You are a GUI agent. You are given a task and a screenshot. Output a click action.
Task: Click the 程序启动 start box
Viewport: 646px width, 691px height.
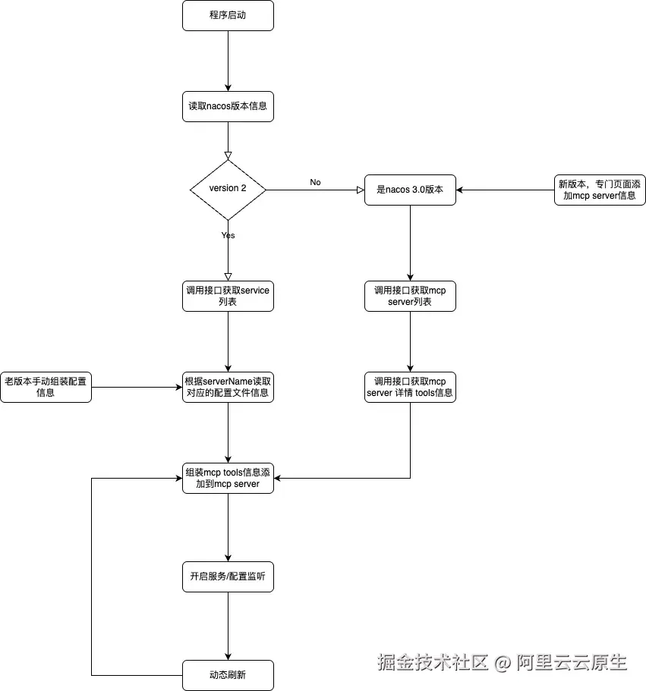[228, 15]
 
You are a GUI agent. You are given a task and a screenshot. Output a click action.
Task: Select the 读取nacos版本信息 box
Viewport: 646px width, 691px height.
[228, 106]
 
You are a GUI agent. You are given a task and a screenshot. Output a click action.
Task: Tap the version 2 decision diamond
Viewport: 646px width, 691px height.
[228, 189]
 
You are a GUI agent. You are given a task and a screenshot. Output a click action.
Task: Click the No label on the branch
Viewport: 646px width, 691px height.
[315, 182]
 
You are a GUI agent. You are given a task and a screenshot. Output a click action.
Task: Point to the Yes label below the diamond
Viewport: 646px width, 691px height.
[228, 235]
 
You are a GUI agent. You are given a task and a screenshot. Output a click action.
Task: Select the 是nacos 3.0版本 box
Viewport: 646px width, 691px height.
[410, 190]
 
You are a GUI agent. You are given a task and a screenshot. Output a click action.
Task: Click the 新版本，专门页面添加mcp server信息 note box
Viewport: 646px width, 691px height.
[600, 190]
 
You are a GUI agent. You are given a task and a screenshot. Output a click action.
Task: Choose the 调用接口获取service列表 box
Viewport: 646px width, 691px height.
[228, 296]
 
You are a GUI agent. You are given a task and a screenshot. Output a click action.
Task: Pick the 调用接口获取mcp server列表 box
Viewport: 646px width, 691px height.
[410, 296]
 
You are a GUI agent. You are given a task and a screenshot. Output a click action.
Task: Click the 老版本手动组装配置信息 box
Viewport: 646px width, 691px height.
[46, 387]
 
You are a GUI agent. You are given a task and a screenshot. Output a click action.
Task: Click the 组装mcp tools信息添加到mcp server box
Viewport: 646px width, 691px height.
[228, 478]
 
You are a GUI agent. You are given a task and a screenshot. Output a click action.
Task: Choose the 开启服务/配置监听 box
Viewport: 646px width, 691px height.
[228, 576]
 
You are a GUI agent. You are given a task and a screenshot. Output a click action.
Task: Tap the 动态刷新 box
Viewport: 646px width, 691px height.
[228, 674]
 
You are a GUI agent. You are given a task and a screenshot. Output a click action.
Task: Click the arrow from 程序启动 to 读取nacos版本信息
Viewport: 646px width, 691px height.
[228, 61]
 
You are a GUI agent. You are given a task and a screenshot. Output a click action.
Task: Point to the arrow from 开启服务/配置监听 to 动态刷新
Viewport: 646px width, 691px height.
[228, 626]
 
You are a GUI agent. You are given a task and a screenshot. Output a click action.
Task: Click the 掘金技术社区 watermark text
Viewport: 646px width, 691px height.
[433, 662]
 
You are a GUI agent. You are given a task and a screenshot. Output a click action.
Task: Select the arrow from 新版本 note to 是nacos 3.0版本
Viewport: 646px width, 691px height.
[505, 190]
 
